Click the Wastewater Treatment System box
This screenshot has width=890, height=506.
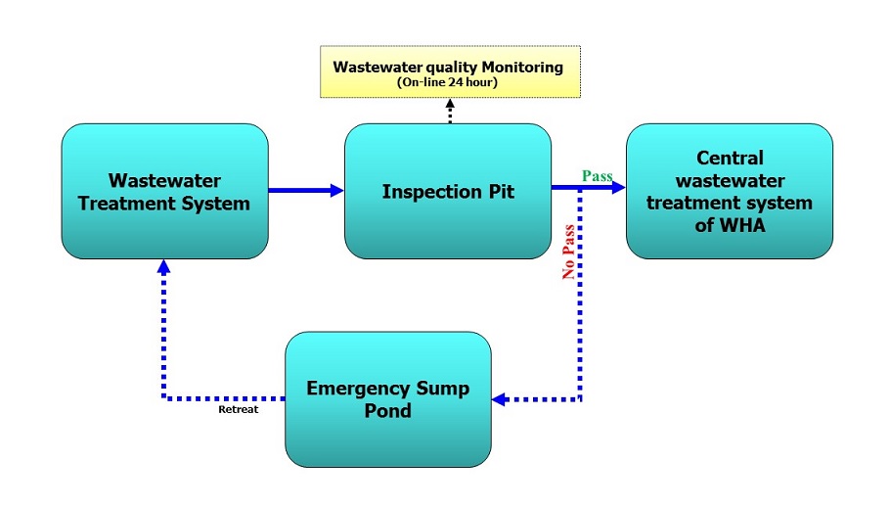tap(164, 192)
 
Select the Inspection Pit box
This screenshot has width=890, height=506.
tap(448, 192)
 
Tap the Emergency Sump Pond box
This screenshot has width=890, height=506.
tap(388, 399)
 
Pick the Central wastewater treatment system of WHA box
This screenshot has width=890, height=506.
tap(730, 192)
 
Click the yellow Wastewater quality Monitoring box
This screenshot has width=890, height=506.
tap(450, 72)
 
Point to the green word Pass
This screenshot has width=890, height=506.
tap(598, 176)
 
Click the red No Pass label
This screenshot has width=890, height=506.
tap(568, 253)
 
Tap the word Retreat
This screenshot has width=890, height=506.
tap(239, 409)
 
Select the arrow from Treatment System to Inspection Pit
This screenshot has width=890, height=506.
tap(306, 190)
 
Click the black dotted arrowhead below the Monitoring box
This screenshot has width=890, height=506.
tap(450, 105)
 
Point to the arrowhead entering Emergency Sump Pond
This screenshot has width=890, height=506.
tap(499, 399)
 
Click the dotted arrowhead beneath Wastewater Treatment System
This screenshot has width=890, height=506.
tap(164, 266)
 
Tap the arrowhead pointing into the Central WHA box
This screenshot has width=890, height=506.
tap(619, 187)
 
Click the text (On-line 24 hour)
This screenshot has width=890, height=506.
tap(447, 82)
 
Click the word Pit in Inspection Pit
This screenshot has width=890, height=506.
tap(501, 192)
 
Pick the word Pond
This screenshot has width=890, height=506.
tap(388, 411)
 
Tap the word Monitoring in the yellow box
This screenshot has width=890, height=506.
tap(522, 68)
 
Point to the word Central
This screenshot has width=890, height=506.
tap(730, 158)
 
